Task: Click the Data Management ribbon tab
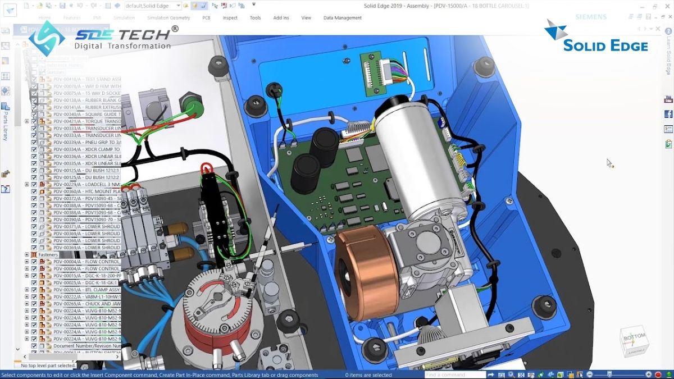tap(342, 18)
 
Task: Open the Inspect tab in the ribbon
tap(230, 18)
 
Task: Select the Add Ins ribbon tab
tap(281, 18)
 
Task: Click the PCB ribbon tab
tap(206, 18)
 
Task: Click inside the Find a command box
tap(455, 375)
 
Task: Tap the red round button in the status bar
tap(658, 375)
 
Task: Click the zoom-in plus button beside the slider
tap(648, 375)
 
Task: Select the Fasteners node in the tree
tap(48, 255)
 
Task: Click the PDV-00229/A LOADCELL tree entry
tap(84, 184)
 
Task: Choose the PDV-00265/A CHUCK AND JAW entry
tap(84, 304)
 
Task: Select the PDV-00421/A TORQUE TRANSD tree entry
tap(84, 121)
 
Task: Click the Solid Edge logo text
tap(605, 45)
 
